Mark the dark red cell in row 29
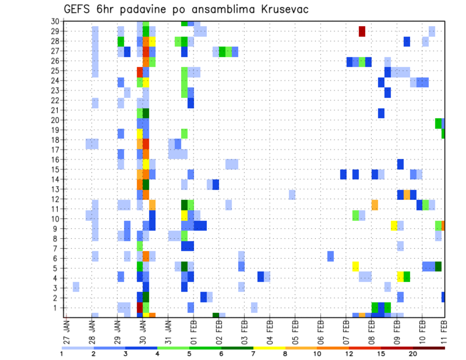362,31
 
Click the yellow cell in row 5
355,266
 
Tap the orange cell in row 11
375,205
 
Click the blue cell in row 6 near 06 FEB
331,256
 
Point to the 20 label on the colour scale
413,354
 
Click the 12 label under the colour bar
350,354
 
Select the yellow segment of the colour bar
269,348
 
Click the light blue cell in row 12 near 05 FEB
292,195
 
